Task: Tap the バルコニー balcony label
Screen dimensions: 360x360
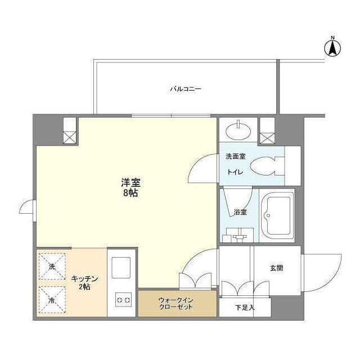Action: (186, 89)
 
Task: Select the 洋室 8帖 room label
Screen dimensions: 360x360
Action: (130, 187)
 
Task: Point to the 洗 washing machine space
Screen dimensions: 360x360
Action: (52, 266)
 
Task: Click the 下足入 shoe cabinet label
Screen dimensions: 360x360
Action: (245, 307)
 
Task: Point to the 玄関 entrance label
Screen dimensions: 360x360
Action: (276, 268)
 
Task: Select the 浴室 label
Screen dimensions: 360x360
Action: (240, 212)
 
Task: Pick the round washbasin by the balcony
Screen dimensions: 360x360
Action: (238, 131)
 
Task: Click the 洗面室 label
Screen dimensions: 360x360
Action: (236, 156)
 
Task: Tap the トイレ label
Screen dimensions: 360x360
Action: (235, 172)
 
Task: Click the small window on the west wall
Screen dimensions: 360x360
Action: (28, 209)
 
